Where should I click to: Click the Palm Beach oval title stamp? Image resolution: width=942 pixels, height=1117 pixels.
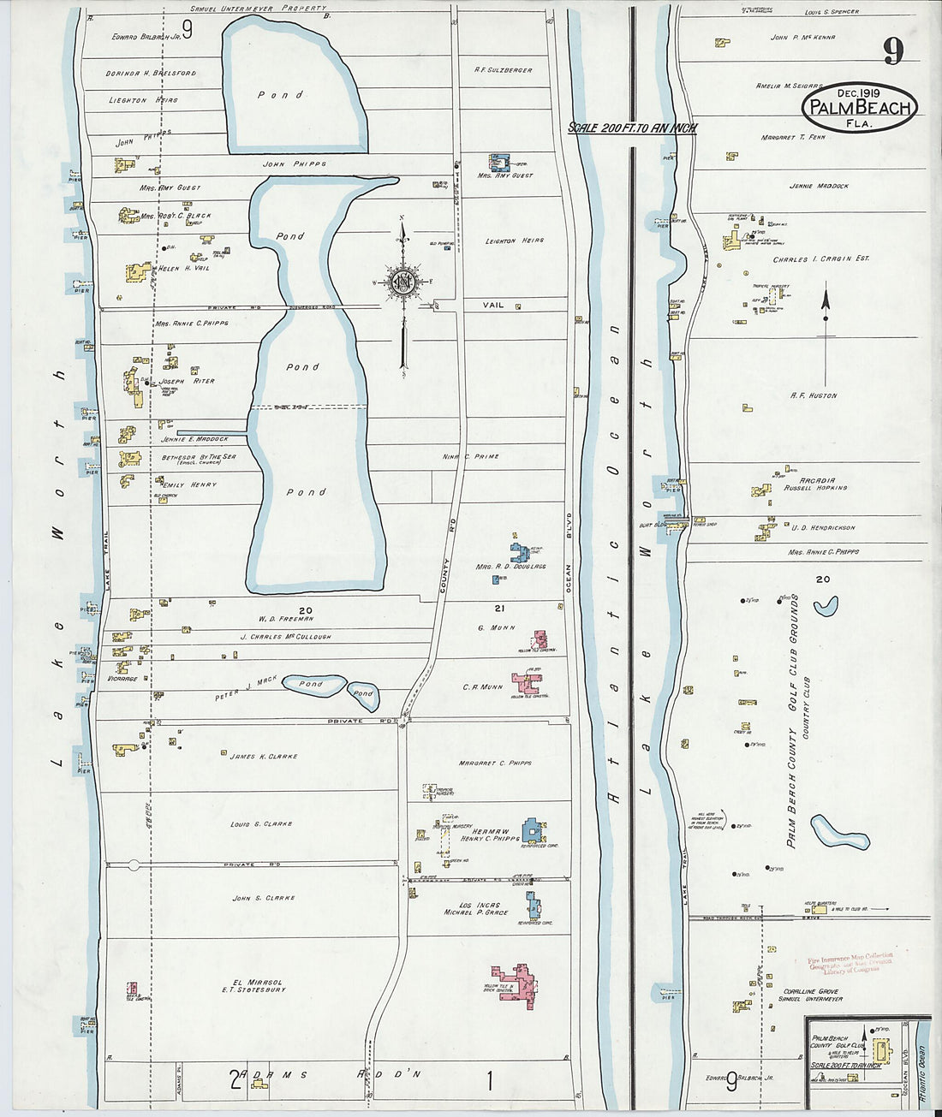click(x=859, y=107)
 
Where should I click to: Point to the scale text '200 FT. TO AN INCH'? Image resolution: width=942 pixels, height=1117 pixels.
click(x=633, y=128)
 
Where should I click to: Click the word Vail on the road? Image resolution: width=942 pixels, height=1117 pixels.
click(x=492, y=306)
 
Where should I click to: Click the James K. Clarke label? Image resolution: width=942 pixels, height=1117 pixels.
click(x=262, y=756)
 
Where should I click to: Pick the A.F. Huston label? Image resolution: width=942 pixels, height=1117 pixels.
click(x=814, y=395)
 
